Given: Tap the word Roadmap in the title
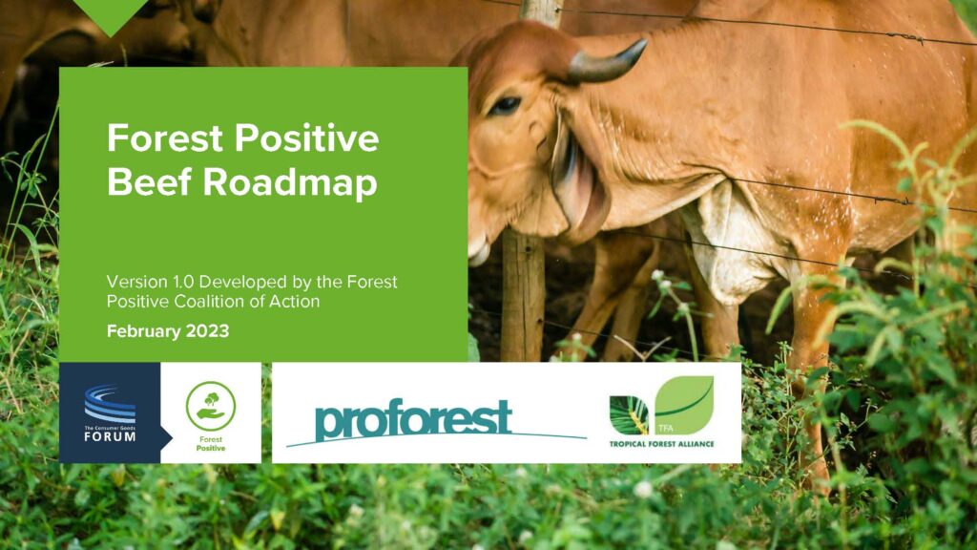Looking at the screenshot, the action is pos(290,183).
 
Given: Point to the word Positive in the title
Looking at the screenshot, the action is pos(307,137).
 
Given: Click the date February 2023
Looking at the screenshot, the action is pos(168,330).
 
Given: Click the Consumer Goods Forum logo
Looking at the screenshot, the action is pos(110,412).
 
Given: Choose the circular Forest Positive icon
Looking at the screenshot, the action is pos(211,406).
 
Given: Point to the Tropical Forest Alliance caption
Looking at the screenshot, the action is pos(662,444).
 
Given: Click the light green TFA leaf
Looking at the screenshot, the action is pos(683,405).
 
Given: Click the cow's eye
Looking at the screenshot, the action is pos(505,105).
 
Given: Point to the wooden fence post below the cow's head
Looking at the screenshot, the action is pos(523,296).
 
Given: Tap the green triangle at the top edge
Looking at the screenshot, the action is pos(111,16).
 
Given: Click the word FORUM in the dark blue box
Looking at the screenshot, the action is pos(110,436).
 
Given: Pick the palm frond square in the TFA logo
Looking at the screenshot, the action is pos(629,415).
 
